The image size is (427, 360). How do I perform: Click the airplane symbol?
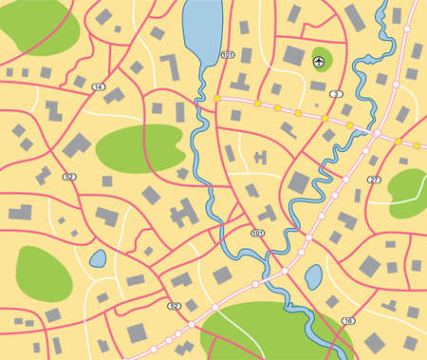click(319, 62)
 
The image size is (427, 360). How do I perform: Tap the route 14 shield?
click(99, 86)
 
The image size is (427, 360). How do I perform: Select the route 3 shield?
click(335, 94)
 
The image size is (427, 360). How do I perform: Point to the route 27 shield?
click(374, 179)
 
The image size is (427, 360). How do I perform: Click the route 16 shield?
click(348, 321)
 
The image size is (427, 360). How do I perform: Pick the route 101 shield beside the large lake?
click(227, 56)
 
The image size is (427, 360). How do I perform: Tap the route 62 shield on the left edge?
click(68, 177)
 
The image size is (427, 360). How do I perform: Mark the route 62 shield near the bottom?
click(174, 306)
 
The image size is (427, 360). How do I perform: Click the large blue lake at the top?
click(201, 30)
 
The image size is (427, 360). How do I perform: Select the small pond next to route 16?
click(313, 277)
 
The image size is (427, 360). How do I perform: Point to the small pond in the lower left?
click(97, 258)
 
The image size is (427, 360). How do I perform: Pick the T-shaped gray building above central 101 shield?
click(268, 213)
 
